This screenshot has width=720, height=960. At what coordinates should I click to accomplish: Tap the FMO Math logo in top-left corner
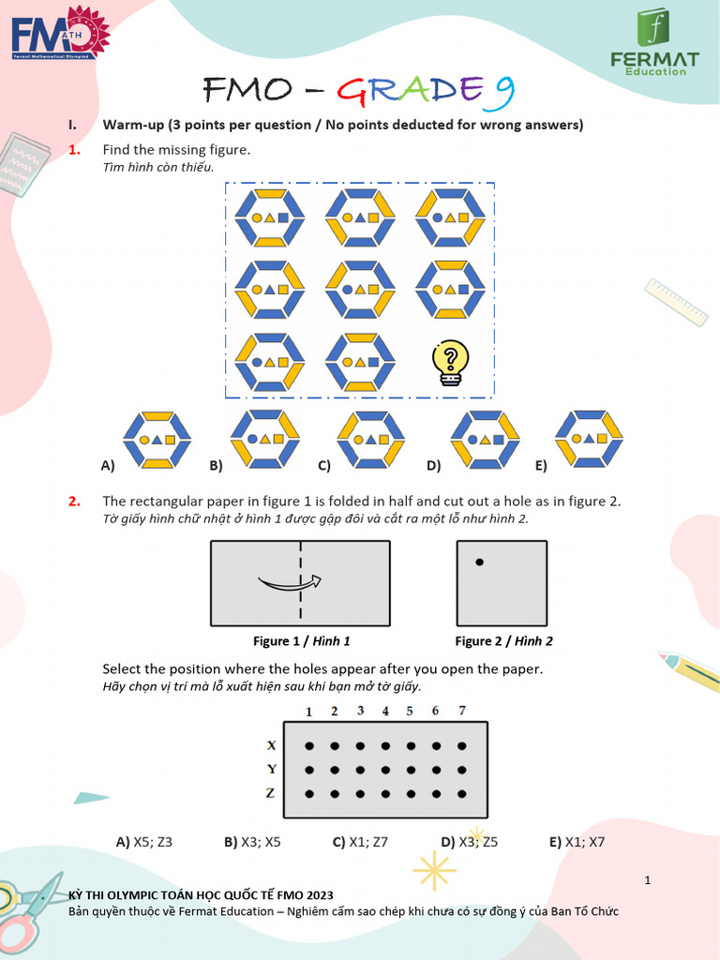pyautogui.click(x=60, y=37)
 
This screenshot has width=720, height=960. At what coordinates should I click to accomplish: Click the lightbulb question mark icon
pyautogui.click(x=450, y=363)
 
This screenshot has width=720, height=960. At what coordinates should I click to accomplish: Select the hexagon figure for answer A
pyautogui.click(x=157, y=439)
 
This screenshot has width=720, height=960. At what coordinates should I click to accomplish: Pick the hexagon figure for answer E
pyautogui.click(x=589, y=438)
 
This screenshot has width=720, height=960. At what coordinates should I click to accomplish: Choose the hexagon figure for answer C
pyautogui.click(x=370, y=438)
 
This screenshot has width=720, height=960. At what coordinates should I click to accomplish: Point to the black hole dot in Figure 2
pyautogui.click(x=479, y=562)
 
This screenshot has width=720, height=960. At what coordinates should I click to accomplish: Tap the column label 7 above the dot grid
pyautogui.click(x=460, y=711)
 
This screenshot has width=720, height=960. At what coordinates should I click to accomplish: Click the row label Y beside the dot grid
pyautogui.click(x=272, y=769)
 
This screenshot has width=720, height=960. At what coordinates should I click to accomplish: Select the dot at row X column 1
pyautogui.click(x=309, y=746)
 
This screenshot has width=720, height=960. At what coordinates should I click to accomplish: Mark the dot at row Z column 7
pyautogui.click(x=460, y=794)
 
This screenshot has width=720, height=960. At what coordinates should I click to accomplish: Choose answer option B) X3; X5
pyautogui.click(x=252, y=842)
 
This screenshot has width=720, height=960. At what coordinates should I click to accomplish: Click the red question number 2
pyautogui.click(x=74, y=502)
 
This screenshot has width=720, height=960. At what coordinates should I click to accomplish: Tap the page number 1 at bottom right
pyautogui.click(x=647, y=879)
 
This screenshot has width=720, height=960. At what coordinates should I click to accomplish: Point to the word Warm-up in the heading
pyautogui.click(x=132, y=125)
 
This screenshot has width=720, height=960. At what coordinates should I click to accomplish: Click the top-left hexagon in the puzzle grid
pyautogui.click(x=270, y=217)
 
